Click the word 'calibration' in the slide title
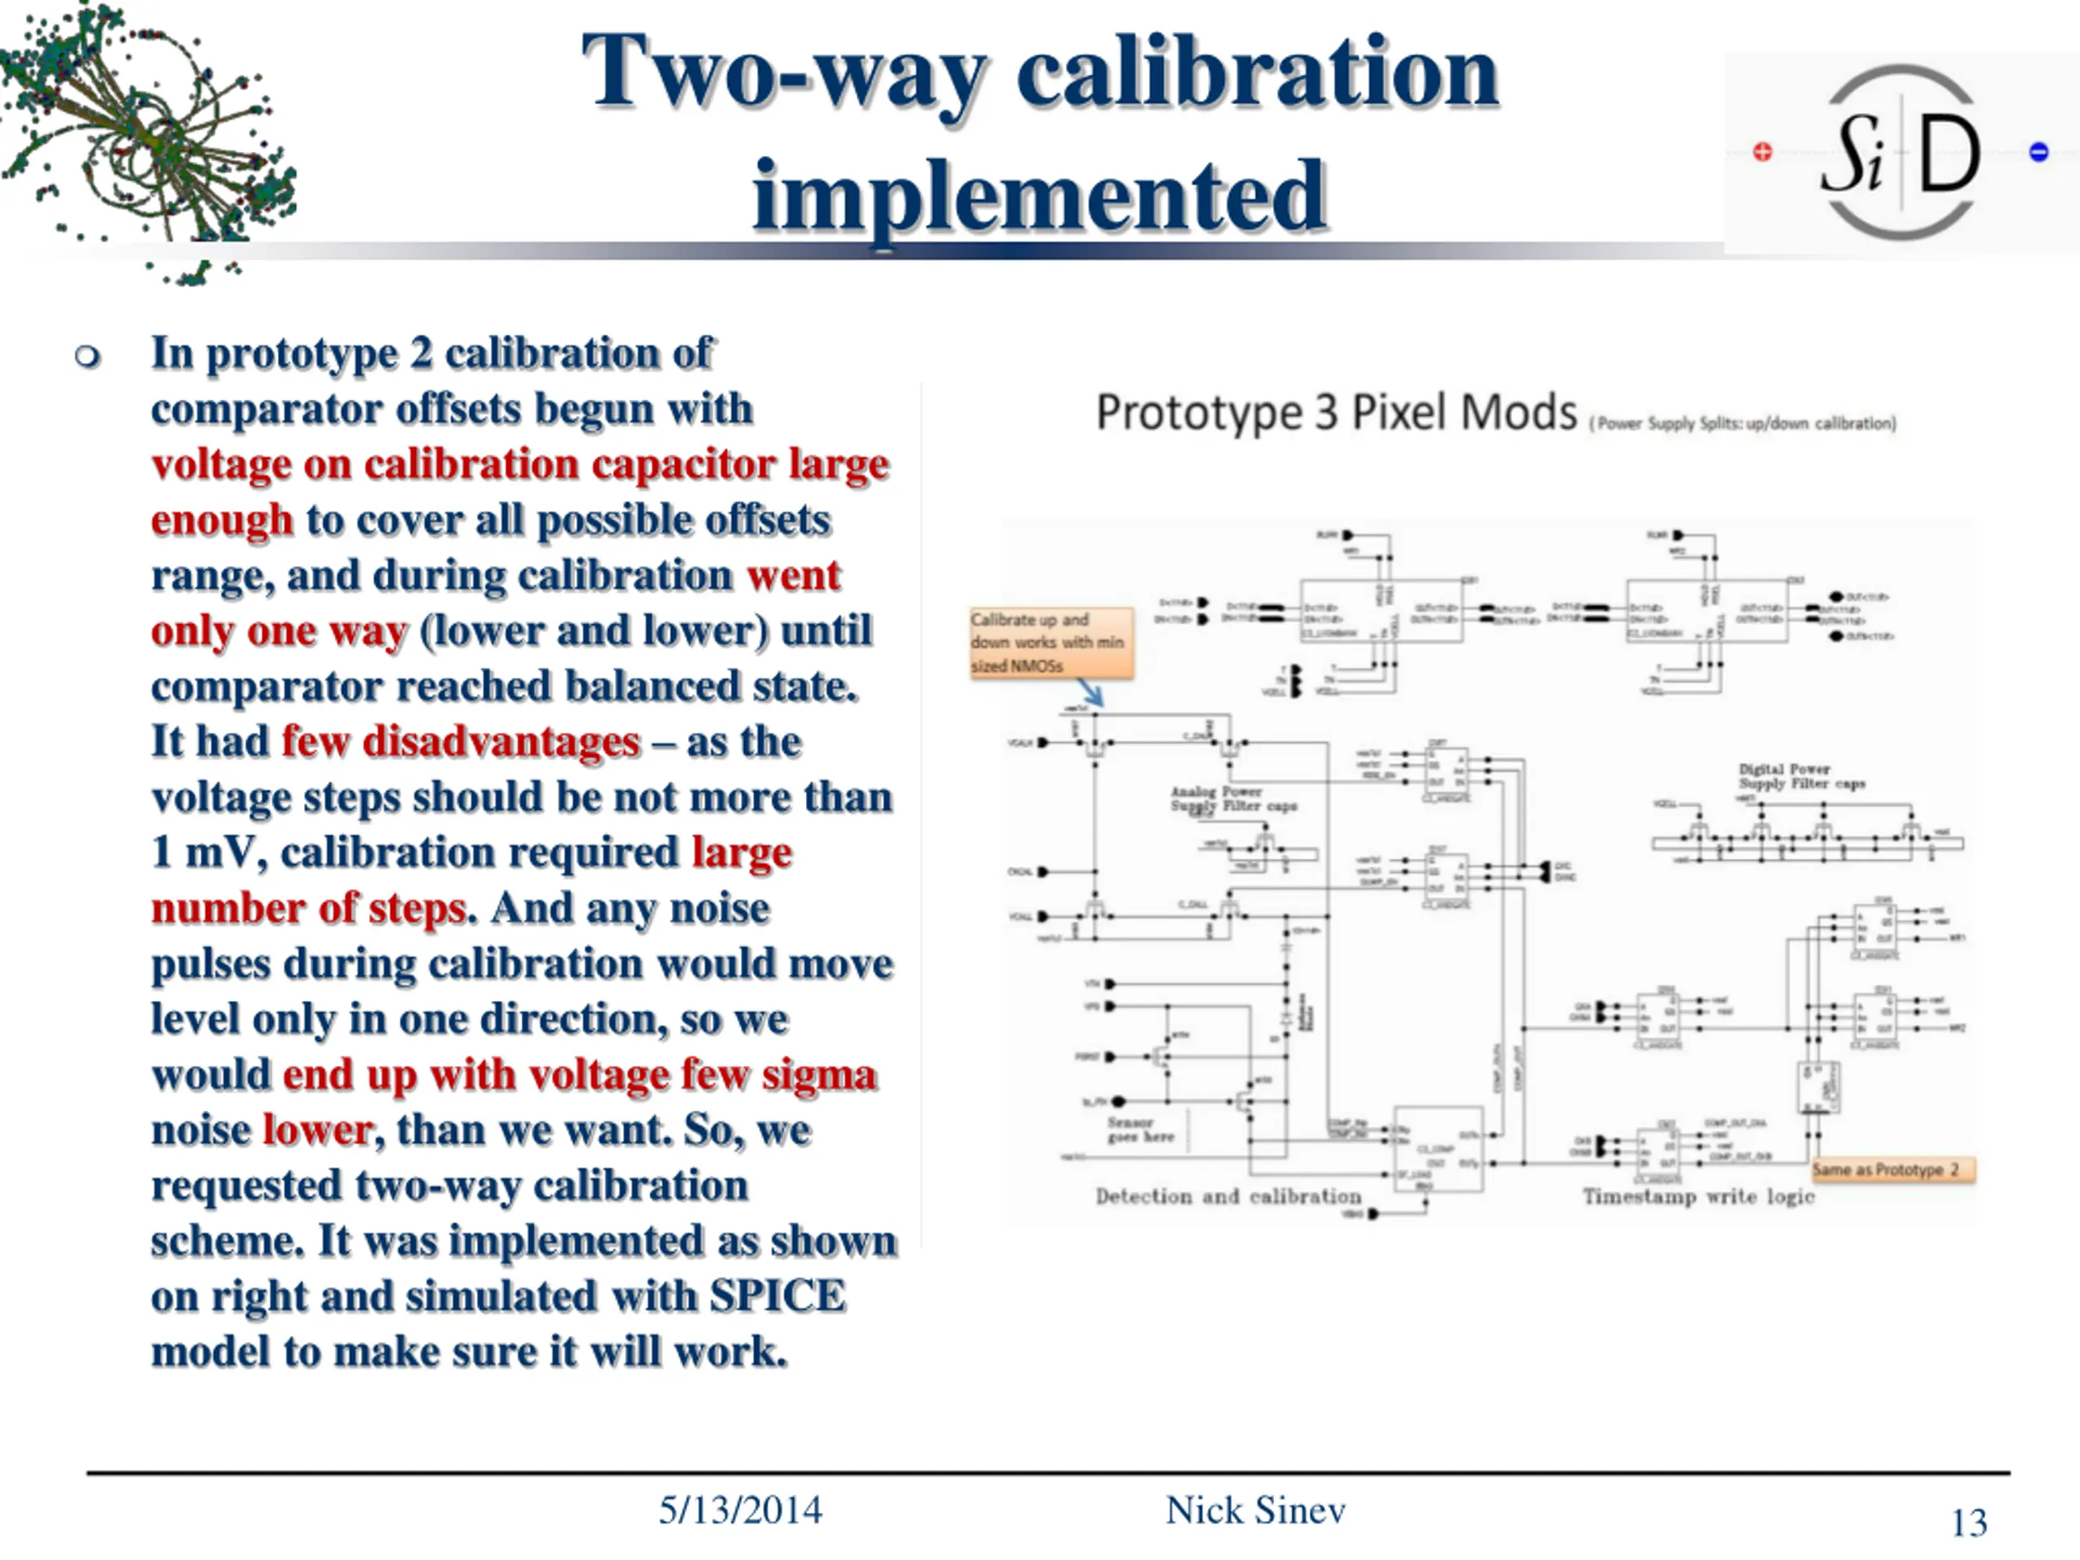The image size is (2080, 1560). [1257, 73]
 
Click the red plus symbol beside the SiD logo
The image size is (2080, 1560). [1762, 151]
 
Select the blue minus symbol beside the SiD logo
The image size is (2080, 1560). [2039, 151]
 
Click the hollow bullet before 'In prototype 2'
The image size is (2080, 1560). [88, 357]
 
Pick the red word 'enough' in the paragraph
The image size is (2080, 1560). [222, 520]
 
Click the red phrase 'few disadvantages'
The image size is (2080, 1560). [461, 742]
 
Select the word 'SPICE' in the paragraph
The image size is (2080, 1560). [777, 1297]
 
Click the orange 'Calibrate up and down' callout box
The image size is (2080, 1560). [1051, 642]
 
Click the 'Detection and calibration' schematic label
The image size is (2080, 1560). [1228, 1196]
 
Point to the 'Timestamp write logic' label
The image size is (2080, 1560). [1698, 1196]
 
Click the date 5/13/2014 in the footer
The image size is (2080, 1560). [740, 1510]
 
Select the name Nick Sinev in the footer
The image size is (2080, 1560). [1255, 1510]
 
